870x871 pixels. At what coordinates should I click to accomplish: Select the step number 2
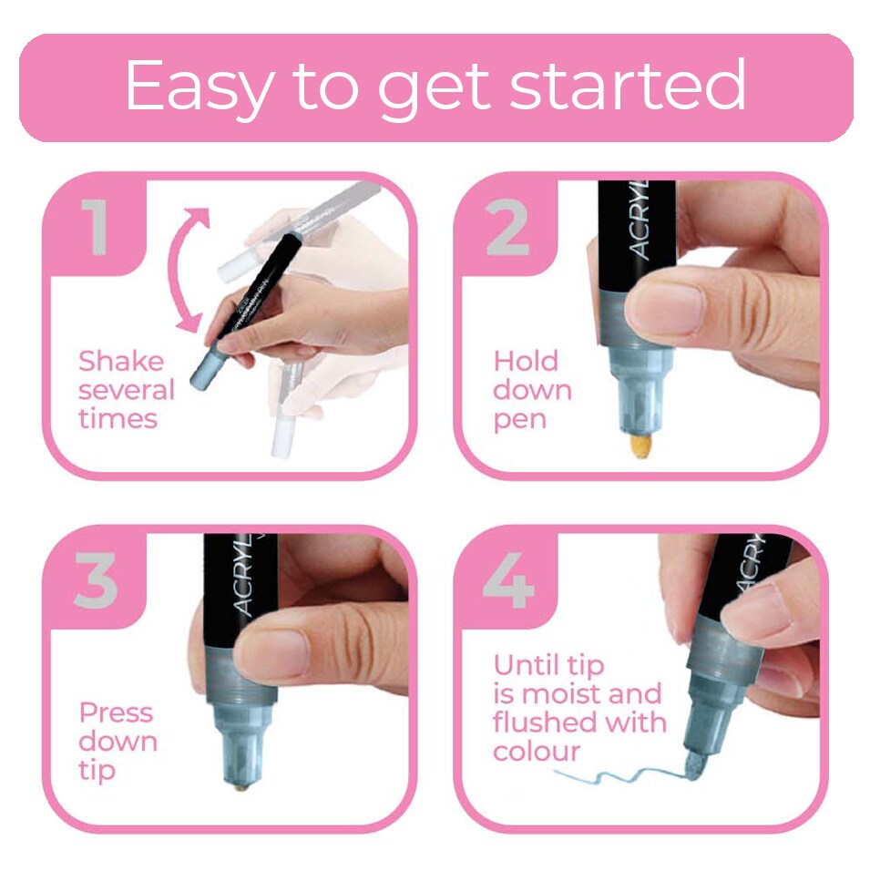[507, 229]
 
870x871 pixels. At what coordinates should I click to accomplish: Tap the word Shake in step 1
[121, 362]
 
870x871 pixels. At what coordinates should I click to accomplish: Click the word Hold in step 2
[525, 362]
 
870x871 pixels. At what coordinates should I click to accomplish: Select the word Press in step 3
[116, 712]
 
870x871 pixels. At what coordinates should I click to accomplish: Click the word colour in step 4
[537, 753]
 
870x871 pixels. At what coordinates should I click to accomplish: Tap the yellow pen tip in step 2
[641, 448]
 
